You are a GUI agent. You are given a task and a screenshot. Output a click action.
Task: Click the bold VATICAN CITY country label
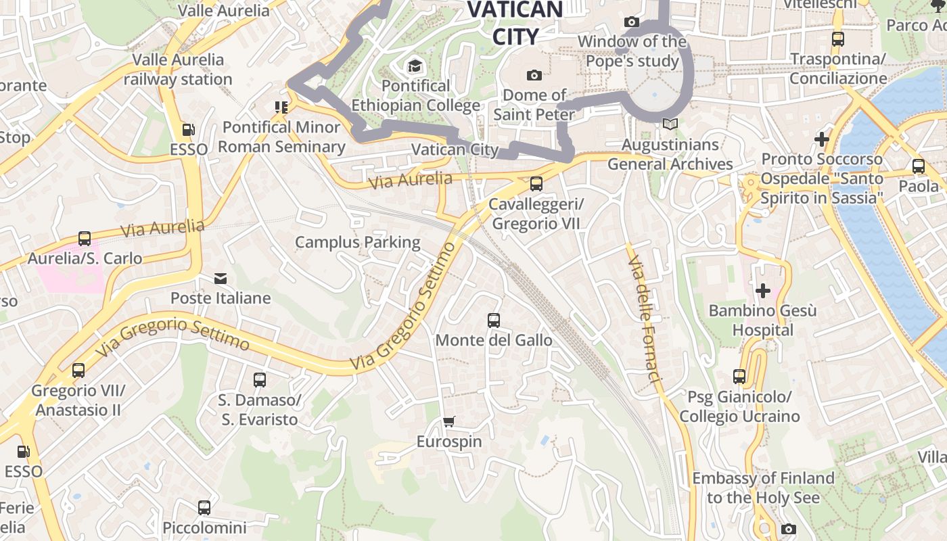[515, 22]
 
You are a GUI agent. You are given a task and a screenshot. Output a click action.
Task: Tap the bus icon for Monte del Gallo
[494, 321]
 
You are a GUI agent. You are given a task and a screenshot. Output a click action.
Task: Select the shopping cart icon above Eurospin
[449, 422]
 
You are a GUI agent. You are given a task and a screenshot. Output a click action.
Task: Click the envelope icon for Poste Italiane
[221, 279]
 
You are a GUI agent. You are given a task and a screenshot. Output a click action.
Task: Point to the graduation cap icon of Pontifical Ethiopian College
[414, 66]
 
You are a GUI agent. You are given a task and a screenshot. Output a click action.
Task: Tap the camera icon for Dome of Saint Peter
[534, 75]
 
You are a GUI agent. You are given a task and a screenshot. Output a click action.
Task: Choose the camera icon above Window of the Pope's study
[632, 22]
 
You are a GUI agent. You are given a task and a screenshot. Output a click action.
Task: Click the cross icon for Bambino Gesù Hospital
[763, 291]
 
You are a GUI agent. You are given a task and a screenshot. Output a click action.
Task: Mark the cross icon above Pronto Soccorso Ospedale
[822, 139]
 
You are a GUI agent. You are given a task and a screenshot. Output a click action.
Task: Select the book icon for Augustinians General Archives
[670, 124]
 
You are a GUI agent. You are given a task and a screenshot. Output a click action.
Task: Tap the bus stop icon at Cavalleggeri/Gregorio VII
[536, 183]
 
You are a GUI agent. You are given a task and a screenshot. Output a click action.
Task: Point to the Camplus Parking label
[358, 242]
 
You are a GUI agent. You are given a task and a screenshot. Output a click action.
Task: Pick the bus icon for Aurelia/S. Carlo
[85, 239]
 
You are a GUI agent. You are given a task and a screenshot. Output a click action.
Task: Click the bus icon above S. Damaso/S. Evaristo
[260, 380]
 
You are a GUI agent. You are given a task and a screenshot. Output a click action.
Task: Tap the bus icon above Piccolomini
[204, 507]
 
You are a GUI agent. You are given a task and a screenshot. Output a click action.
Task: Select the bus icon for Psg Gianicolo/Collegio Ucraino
[739, 377]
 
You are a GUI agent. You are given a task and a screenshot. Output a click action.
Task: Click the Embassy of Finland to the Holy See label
[763, 488]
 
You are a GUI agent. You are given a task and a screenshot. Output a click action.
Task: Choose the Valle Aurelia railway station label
[178, 69]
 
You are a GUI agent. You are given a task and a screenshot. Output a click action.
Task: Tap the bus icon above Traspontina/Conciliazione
[838, 39]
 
